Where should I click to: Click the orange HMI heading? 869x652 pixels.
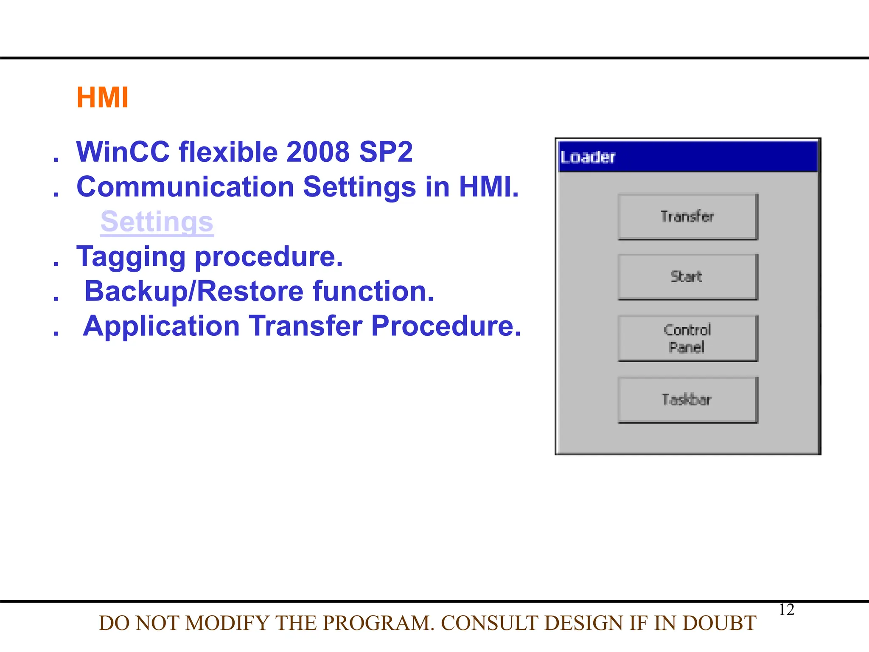102,98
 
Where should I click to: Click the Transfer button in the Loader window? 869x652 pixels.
687,217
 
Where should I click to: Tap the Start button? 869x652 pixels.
687,277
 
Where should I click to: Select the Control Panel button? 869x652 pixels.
687,338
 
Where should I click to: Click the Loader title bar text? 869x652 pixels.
588,157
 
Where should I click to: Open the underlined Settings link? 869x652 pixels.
157,222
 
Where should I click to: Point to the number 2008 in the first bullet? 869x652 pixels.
318,152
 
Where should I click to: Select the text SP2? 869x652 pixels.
386,152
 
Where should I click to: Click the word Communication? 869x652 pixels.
185,187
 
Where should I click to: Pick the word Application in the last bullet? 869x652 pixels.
162,326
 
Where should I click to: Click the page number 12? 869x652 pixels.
786,610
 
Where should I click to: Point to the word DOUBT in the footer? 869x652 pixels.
719,623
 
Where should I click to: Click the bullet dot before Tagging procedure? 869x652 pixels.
56,264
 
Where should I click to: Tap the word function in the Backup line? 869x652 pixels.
373,292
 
